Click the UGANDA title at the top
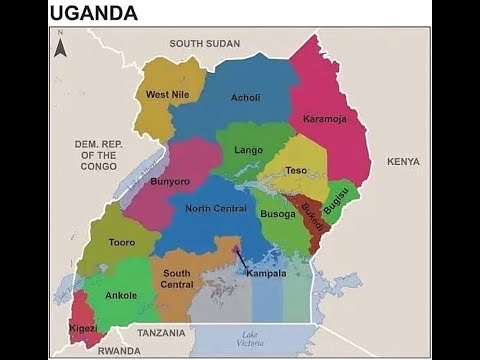point(93,13)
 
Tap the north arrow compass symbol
point(60,46)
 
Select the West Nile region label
point(167,95)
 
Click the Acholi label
point(245,98)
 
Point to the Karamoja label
point(325,118)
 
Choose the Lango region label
point(248,150)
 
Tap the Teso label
point(297,171)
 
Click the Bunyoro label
point(170,182)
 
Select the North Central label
point(216,208)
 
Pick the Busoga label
point(278,214)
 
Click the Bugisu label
point(335,200)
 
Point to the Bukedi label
point(311,219)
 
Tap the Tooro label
point(122,243)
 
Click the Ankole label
point(121,295)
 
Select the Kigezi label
point(83,327)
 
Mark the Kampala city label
point(266,273)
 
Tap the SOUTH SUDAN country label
point(205,44)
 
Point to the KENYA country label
point(403,161)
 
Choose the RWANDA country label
point(120,351)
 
